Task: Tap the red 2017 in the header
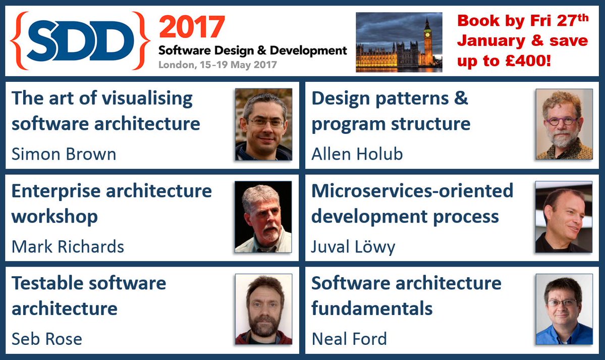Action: tap(192, 27)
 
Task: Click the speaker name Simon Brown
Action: tap(64, 154)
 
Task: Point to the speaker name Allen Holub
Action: tap(357, 154)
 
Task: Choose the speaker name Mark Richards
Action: tap(68, 246)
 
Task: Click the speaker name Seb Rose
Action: tap(47, 339)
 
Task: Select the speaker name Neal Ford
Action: tap(349, 339)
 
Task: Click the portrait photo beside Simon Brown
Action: tap(263, 124)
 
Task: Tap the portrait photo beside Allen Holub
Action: tap(564, 124)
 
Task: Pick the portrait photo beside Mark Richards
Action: tap(263, 217)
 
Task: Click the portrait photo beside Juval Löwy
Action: tap(564, 217)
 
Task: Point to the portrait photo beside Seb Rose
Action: tap(263, 310)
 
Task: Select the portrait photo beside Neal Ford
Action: tap(564, 310)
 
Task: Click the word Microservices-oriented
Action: tap(412, 191)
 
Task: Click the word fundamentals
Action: tap(372, 308)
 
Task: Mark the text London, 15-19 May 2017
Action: tap(217, 65)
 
